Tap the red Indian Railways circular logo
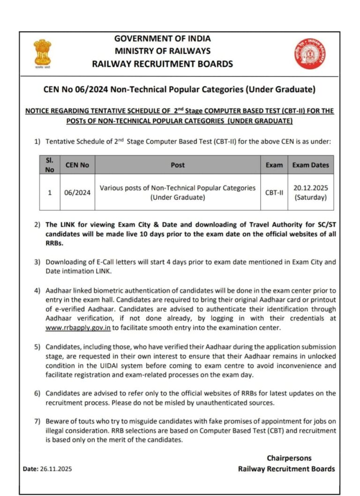pyautogui.click(x=310, y=53)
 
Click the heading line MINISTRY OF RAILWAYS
pyautogui.click(x=163, y=51)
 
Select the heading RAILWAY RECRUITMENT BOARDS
pyautogui.click(x=163, y=64)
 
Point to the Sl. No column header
pyautogui.click(x=50, y=164)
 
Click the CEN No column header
pyautogui.click(x=77, y=165)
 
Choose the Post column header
pyautogui.click(x=178, y=165)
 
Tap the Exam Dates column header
pyautogui.click(x=310, y=165)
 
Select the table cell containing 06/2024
pyautogui.click(x=77, y=192)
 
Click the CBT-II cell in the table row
pyautogui.click(x=274, y=192)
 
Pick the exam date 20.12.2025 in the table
pyautogui.click(x=310, y=188)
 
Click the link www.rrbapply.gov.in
pyautogui.click(x=78, y=328)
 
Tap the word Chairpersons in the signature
pyautogui.click(x=289, y=458)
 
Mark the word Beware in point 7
pyautogui.click(x=57, y=422)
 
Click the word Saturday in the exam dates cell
pyautogui.click(x=310, y=197)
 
